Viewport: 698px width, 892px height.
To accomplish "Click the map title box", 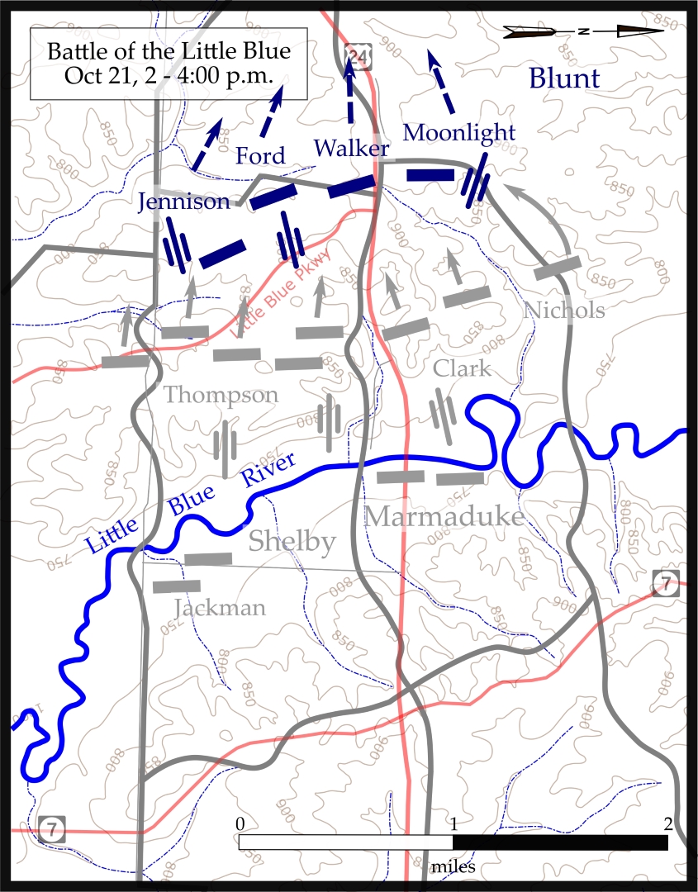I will pyautogui.click(x=169, y=64).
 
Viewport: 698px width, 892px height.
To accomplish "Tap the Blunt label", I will pyautogui.click(x=564, y=79).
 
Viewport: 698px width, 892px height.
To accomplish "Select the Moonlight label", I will pyautogui.click(x=459, y=132).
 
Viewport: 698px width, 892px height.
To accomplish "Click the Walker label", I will pyautogui.click(x=351, y=149).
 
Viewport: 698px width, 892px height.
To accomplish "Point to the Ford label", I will pyautogui.click(x=260, y=155).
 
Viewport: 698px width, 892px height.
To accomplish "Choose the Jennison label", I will pyautogui.click(x=184, y=202).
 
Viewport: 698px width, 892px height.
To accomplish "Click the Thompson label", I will pyautogui.click(x=221, y=396).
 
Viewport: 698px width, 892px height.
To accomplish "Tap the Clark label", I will pyautogui.click(x=461, y=368).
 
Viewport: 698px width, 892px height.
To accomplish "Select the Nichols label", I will pyautogui.click(x=565, y=311).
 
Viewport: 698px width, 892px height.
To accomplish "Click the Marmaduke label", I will pyautogui.click(x=444, y=517).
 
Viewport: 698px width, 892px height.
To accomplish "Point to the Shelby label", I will pyautogui.click(x=292, y=542).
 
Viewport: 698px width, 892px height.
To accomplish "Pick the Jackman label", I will pyautogui.click(x=220, y=609).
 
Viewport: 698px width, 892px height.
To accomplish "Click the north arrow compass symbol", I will pyautogui.click(x=584, y=31).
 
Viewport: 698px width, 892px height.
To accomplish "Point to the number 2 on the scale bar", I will pyautogui.click(x=667, y=823).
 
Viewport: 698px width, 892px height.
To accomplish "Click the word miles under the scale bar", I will pyautogui.click(x=453, y=867).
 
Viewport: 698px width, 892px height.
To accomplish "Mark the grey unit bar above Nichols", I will pyautogui.click(x=558, y=267).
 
